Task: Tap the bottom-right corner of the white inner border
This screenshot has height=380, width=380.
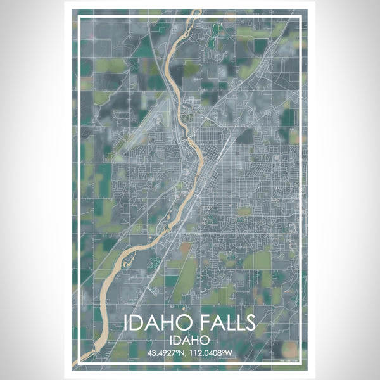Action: tap(302, 365)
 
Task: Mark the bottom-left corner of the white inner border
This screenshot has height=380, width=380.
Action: tap(77, 365)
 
